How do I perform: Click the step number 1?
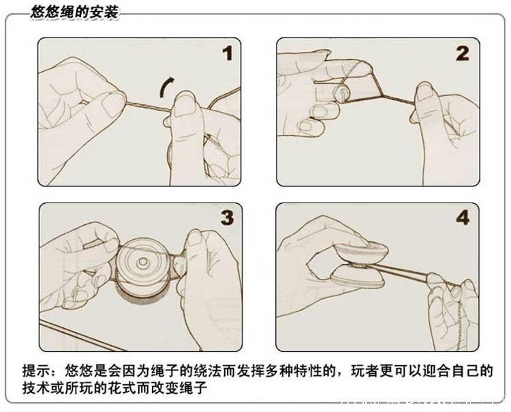(226, 53)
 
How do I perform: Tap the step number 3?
(226, 218)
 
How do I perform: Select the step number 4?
(463, 218)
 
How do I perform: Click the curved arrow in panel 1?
(165, 87)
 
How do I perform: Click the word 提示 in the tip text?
(35, 372)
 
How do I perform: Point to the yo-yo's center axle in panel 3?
(144, 263)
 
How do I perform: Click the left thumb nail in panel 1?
(113, 104)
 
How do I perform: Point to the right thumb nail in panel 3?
(194, 238)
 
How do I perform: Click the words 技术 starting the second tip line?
(35, 388)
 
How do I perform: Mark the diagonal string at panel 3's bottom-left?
(75, 334)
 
